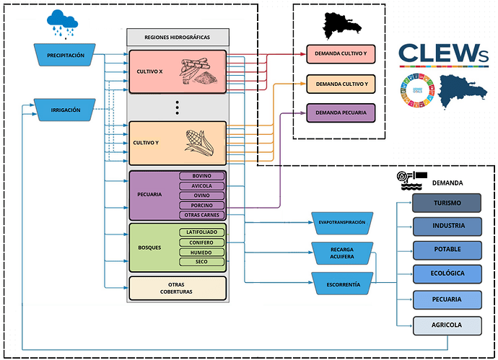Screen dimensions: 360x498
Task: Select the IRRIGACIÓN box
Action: (66, 110)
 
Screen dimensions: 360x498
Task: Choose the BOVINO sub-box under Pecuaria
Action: (202, 176)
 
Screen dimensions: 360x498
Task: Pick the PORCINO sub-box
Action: (202, 205)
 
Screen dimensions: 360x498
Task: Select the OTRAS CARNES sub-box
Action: (202, 215)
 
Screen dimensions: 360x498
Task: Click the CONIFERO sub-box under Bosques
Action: (202, 242)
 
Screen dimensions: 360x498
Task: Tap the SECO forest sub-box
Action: (202, 261)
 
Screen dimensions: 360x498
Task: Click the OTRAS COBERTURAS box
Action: (177, 288)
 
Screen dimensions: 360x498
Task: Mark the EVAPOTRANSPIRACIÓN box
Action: (341, 222)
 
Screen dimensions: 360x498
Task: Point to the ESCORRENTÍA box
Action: (341, 284)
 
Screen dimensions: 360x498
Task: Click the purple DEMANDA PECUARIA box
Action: (341, 113)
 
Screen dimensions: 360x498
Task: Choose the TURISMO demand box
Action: (447, 203)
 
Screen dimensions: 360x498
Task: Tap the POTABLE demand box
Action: (447, 250)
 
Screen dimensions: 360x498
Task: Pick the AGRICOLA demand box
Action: (447, 325)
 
